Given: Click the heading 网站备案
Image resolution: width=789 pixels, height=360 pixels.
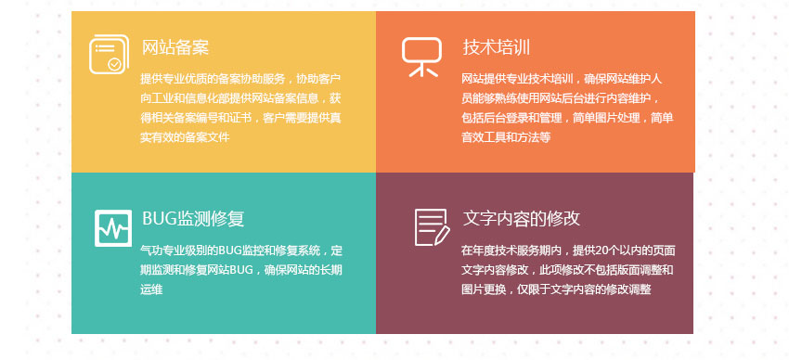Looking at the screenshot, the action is (x=175, y=47).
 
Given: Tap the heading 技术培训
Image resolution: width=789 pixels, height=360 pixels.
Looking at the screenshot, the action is (x=497, y=47).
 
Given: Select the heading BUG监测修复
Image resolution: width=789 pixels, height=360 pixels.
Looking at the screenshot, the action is (x=193, y=219).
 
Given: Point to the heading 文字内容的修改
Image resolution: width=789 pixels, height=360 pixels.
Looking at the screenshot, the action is (x=522, y=218).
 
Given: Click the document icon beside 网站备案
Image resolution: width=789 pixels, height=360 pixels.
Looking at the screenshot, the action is (x=109, y=54).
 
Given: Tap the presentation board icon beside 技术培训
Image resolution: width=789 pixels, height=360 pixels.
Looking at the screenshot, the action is (x=421, y=57).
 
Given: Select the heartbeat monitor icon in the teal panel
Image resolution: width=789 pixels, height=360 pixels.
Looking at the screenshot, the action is (x=113, y=228).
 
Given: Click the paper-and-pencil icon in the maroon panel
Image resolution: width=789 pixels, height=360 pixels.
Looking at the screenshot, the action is (x=432, y=227).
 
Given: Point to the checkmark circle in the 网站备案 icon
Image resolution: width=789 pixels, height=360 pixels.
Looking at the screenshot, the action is (x=115, y=64).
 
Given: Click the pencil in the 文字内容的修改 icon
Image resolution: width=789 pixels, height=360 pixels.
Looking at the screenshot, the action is (x=441, y=236).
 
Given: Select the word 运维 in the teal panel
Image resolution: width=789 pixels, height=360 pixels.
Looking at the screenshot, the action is (x=151, y=289).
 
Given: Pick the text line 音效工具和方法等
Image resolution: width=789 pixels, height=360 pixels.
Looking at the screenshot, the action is (x=506, y=137).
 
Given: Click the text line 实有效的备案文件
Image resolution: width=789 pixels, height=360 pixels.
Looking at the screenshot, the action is (x=185, y=137).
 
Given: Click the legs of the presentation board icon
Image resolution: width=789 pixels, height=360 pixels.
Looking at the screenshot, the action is (x=422, y=71).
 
